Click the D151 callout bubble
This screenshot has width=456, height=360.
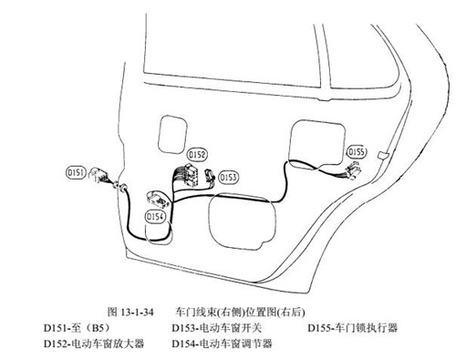tap(75, 172)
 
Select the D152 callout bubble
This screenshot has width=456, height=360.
tap(197, 155)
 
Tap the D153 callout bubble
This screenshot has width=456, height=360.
tap(228, 178)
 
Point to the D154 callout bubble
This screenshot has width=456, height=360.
tap(155, 217)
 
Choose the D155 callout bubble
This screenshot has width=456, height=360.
tap(357, 151)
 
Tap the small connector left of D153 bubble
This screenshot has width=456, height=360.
tap(211, 175)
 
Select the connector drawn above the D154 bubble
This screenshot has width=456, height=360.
tap(157, 199)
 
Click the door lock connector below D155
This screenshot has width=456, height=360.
tap(353, 170)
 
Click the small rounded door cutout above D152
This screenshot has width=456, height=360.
tap(172, 134)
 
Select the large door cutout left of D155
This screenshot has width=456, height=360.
tap(317, 144)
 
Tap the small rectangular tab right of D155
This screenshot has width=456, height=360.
tap(383, 155)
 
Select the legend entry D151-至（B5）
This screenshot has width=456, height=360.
tap(77, 328)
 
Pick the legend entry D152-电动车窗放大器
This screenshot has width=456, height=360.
tap(94, 344)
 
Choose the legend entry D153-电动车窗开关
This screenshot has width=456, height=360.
tap(217, 328)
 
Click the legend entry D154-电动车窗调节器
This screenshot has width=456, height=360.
tap(222, 344)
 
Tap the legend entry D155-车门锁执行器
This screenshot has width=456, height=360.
tap(353, 328)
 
